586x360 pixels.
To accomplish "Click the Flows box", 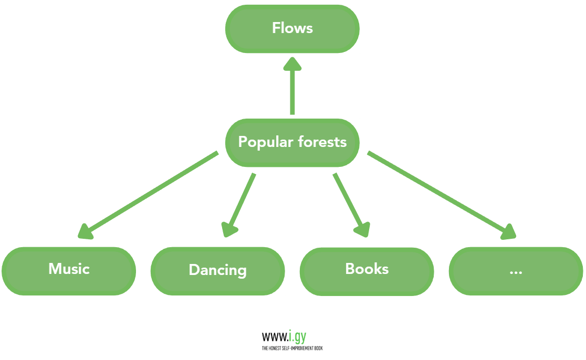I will point(292,28).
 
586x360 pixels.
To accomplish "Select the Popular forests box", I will point(292,142).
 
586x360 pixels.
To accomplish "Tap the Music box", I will point(69,270).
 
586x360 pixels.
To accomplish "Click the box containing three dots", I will point(516,271).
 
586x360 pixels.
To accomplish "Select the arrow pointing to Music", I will point(152,191).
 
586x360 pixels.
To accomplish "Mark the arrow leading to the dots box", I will point(436,192).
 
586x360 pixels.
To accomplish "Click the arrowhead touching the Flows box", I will point(292,65).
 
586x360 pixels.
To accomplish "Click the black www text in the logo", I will point(275,337).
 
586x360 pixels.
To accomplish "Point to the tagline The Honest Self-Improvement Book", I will point(292,348).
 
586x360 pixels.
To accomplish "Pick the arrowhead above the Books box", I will point(363,229).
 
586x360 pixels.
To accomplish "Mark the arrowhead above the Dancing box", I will point(229,229).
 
